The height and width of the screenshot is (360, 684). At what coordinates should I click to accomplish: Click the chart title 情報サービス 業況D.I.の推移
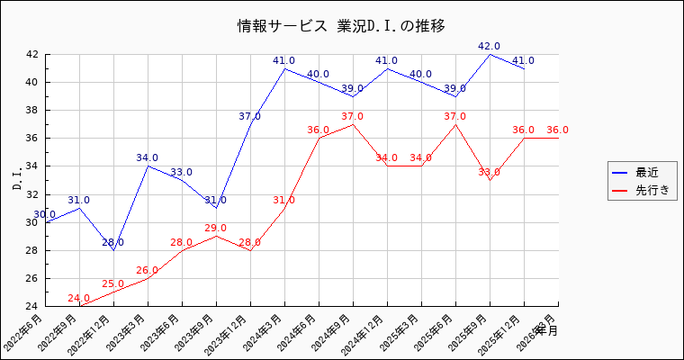coord(341,25)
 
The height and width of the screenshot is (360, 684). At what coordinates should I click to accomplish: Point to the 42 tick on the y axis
coord(31,54)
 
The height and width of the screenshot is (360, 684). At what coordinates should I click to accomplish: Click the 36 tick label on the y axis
coord(31,139)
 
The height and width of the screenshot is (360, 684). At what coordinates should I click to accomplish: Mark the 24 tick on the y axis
coord(31,307)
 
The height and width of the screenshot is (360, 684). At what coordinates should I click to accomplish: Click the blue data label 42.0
coord(490,47)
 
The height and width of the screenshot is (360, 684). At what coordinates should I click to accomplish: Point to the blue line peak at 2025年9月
coord(490,55)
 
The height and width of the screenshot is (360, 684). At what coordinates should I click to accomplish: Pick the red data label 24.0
coord(78,299)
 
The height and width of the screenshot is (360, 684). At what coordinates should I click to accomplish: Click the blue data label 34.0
coord(147,158)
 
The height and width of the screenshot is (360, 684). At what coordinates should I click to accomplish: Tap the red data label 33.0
coord(489,173)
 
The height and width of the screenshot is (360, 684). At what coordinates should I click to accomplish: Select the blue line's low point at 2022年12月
coord(113,250)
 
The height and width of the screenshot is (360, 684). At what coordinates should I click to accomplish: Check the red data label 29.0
coord(215,229)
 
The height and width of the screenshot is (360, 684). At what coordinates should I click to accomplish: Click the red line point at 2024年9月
coord(353,124)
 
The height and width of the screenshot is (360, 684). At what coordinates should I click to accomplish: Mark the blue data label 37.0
coord(249,117)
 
